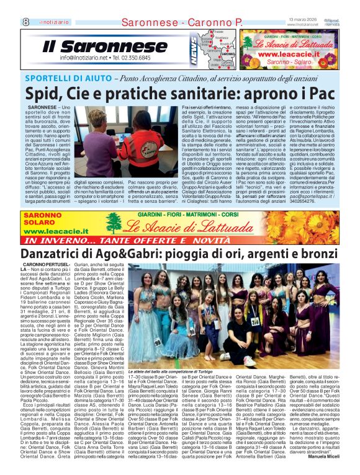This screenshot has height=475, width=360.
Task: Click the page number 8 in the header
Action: [x=9, y=22]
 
